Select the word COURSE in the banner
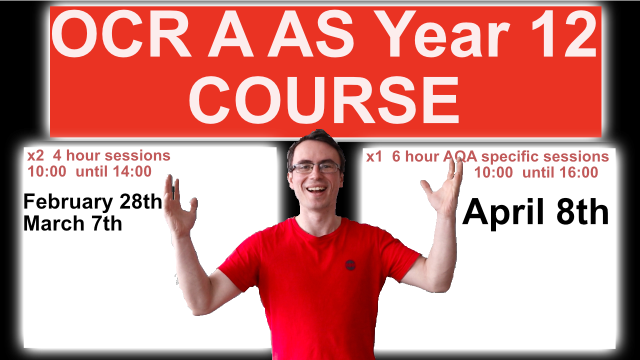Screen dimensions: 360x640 (324, 99)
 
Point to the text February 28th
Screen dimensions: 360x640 (93, 202)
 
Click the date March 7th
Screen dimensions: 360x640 (72, 223)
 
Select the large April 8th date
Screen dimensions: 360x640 (535, 212)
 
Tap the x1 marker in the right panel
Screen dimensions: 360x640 (374, 157)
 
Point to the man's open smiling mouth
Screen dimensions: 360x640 (316, 189)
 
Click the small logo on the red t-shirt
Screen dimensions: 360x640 (350, 264)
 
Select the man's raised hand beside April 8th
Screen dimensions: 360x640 (444, 190)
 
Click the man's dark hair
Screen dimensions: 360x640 (315, 142)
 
